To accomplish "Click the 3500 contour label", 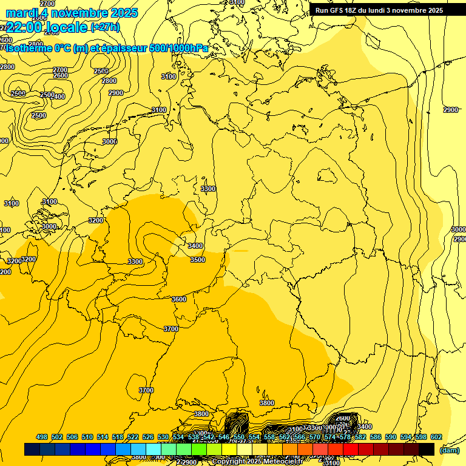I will point(198,260).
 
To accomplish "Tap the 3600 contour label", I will point(179,299).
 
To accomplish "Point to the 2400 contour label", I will point(59,96).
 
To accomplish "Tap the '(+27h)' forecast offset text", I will point(105,27).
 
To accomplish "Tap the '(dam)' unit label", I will point(449,450).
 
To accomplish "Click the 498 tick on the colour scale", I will point(42,437).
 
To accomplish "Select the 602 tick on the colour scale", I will point(436,437).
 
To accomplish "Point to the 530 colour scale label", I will point(163,437).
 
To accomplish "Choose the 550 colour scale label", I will point(239,437).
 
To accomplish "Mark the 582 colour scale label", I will point(360,437).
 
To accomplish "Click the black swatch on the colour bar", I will point(427,450).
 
